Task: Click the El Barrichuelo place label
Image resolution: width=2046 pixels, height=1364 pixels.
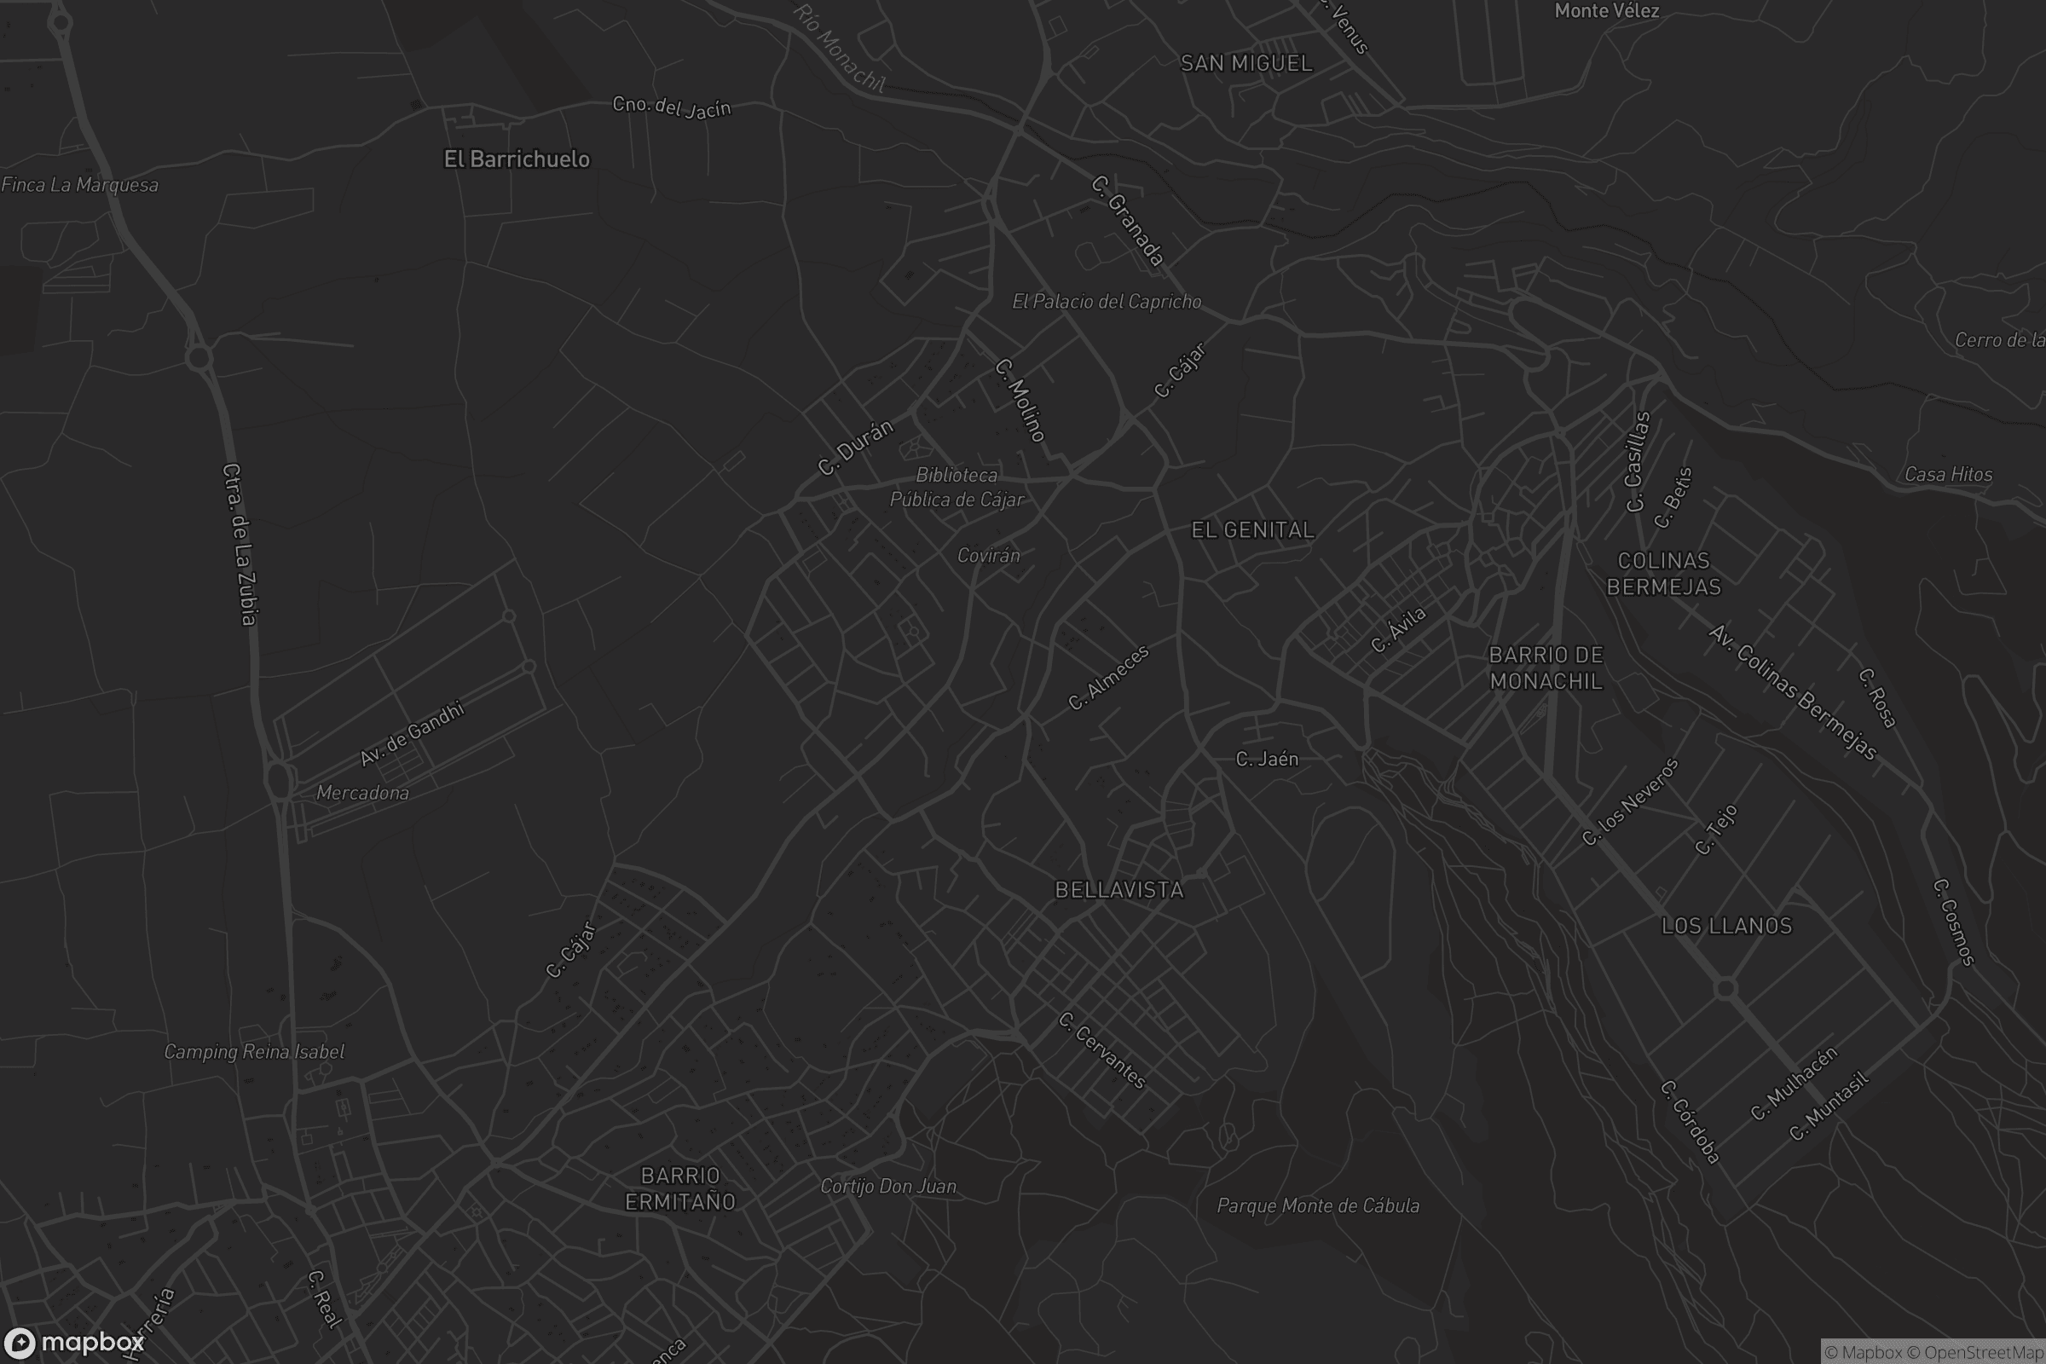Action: click(517, 159)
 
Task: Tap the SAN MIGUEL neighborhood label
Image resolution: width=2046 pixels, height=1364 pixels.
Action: click(1246, 63)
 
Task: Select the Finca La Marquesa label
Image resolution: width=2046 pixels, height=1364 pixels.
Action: click(80, 184)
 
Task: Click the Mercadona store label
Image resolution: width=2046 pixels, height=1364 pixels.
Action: click(363, 793)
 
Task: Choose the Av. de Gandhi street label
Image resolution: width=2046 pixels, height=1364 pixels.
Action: click(413, 734)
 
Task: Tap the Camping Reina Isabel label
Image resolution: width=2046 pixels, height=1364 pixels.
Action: click(254, 1052)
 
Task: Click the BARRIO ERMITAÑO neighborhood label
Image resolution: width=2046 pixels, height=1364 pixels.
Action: click(680, 1188)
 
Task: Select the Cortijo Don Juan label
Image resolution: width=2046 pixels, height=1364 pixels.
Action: click(888, 1187)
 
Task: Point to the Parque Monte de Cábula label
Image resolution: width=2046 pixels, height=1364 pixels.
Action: click(1318, 1205)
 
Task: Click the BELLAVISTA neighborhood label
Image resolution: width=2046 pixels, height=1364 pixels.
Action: click(1118, 890)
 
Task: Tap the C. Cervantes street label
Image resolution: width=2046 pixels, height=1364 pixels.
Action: click(1103, 1051)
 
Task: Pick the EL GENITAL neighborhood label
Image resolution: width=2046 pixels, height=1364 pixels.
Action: click(1252, 530)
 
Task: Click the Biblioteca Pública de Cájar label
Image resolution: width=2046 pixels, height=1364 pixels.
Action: click(957, 487)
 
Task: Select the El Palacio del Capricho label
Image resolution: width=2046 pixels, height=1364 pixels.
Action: click(1107, 302)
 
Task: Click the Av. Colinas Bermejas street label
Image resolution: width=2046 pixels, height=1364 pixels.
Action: click(1792, 692)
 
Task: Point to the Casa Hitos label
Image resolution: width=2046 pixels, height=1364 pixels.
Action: click(1949, 474)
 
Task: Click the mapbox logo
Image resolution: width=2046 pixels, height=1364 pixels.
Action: click(73, 1342)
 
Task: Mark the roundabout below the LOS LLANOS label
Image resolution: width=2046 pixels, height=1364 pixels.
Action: click(1725, 988)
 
